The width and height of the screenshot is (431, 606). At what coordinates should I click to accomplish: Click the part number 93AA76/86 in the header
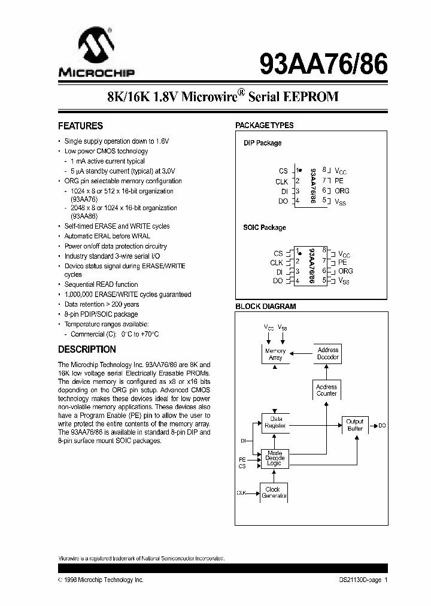[323, 62]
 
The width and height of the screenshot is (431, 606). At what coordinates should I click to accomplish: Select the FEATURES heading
[80, 126]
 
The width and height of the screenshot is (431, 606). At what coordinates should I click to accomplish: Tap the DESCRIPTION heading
[87, 349]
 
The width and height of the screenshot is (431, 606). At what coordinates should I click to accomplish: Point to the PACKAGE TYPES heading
[264, 125]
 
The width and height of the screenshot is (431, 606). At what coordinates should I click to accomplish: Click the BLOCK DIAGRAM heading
[265, 307]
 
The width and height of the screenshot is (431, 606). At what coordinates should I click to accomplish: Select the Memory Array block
[275, 354]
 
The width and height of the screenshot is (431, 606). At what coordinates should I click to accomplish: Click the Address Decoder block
[327, 353]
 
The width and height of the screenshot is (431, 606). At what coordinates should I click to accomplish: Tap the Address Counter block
[326, 390]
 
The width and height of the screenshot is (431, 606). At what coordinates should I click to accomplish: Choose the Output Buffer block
[355, 425]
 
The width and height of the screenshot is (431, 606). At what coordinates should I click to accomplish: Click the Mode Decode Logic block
[275, 458]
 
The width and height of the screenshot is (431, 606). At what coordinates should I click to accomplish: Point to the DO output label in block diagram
[382, 425]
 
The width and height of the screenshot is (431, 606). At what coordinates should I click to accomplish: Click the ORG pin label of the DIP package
[342, 191]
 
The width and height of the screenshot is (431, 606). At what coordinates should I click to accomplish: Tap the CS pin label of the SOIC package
[277, 254]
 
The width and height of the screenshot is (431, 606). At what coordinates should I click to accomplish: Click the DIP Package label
[262, 143]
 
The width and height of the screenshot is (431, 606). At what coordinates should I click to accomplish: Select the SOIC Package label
[264, 228]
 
